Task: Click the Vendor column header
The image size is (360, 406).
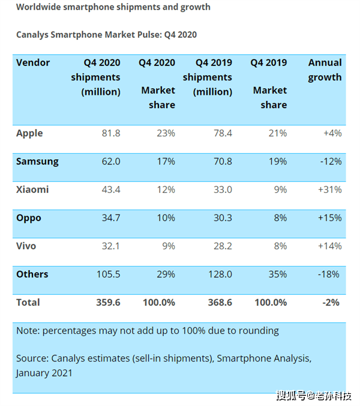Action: [33, 62]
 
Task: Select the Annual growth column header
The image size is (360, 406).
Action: [325, 70]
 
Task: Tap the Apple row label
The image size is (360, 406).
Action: [29, 133]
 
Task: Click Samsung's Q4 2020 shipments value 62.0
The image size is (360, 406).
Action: [111, 162]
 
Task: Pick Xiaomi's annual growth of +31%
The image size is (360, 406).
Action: [330, 190]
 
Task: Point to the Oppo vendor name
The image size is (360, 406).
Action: [29, 218]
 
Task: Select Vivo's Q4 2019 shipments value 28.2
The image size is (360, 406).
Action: [223, 246]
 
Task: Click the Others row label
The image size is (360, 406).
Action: [32, 274]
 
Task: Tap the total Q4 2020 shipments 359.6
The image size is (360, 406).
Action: [108, 303]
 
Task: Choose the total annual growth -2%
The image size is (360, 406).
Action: [331, 303]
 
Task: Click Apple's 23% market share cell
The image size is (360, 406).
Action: [166, 133]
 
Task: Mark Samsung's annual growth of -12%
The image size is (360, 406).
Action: [331, 162]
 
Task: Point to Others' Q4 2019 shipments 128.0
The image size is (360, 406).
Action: [220, 274]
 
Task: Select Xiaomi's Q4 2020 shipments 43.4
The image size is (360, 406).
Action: [111, 190]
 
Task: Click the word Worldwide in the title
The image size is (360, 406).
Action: [38, 7]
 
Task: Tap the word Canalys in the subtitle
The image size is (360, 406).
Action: [32, 35]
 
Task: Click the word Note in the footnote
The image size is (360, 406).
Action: [28, 331]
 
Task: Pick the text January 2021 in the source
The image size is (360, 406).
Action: [44, 373]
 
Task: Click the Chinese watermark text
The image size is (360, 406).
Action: [314, 396]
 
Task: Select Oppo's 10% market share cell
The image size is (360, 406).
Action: [166, 218]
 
